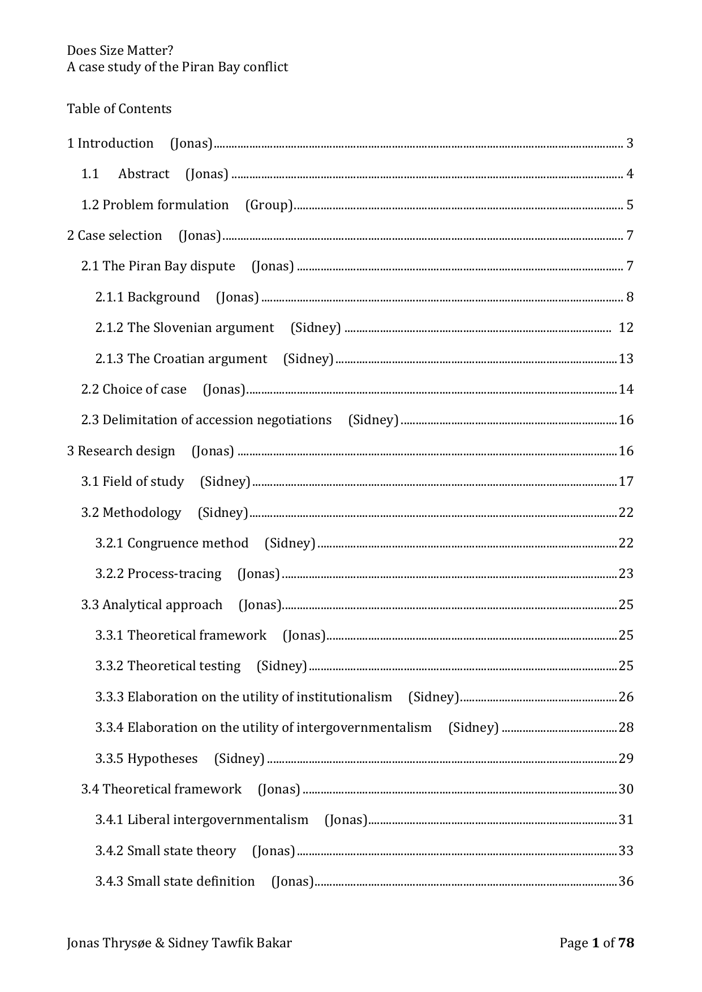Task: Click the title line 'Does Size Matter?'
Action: coord(120,51)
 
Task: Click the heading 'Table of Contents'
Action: coord(119,109)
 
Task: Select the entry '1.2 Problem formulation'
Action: coord(155,205)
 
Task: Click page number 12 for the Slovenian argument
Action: coord(626,327)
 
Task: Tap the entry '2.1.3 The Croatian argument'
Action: coord(181,359)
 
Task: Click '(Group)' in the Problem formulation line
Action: coord(269,205)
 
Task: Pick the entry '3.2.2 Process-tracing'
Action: coord(158,573)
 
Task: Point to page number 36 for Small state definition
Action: coord(626,881)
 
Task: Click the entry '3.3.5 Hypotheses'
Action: coord(147,758)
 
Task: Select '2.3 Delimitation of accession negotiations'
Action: coord(206,420)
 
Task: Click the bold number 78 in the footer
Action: coord(626,943)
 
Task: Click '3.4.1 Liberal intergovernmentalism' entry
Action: coord(202,820)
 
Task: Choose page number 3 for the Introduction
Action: coord(630,143)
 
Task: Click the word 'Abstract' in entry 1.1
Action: coord(144,174)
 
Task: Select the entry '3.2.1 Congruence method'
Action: coord(172,543)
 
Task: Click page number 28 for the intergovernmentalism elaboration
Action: coord(626,727)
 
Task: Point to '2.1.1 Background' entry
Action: coord(148,297)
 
